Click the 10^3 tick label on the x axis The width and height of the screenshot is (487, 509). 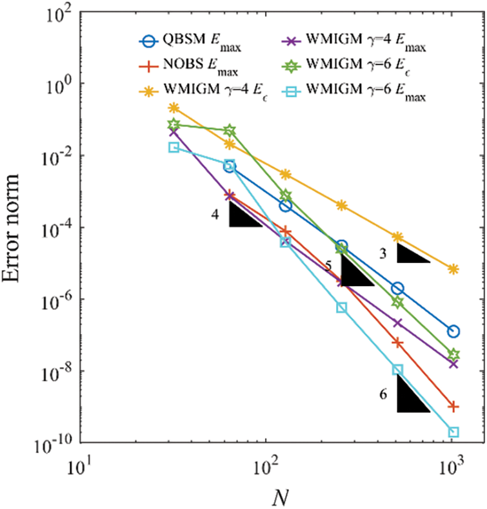tap(454, 463)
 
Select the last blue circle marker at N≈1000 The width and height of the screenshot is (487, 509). tap(453, 331)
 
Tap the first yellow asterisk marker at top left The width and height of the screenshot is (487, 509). tap(174, 108)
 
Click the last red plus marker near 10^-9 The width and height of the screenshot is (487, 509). tap(453, 406)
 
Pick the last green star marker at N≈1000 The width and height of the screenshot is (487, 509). tap(453, 354)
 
